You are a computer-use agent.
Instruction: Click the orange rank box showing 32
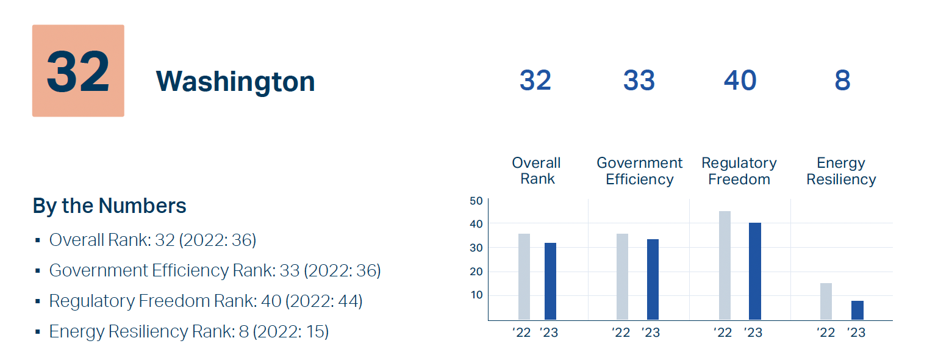[x=78, y=71]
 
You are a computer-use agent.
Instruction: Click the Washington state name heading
[x=235, y=81]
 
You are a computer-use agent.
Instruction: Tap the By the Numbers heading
[x=110, y=206]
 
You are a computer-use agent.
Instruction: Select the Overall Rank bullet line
[x=152, y=240]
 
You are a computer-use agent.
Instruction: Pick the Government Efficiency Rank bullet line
[x=215, y=270]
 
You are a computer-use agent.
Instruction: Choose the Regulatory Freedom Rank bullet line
[x=206, y=301]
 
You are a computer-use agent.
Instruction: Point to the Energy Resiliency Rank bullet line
[x=188, y=331]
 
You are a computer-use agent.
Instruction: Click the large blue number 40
[x=740, y=81]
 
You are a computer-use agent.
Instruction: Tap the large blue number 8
[x=842, y=81]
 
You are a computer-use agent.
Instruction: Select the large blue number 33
[x=639, y=81]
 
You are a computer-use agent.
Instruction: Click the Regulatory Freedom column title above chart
[x=739, y=171]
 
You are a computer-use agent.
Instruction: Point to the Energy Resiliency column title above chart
[x=841, y=171]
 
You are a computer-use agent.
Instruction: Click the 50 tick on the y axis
[x=476, y=201]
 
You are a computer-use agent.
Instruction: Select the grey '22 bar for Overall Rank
[x=524, y=276]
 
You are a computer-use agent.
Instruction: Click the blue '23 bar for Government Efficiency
[x=653, y=279]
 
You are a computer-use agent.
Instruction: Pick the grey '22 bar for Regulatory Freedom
[x=725, y=265]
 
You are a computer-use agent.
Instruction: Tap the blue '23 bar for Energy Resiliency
[x=857, y=310]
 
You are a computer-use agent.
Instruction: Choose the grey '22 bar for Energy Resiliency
[x=826, y=301]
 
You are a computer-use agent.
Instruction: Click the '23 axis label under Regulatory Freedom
[x=753, y=333]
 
